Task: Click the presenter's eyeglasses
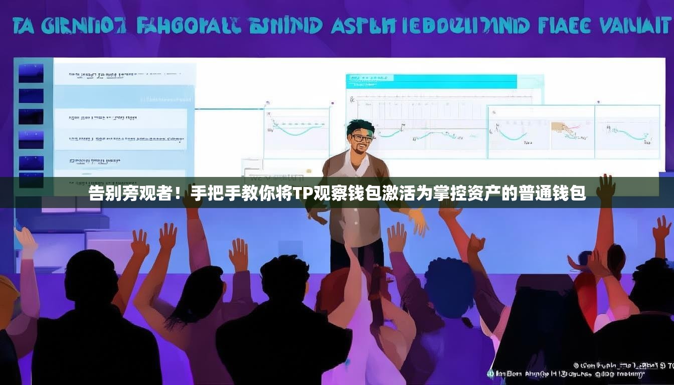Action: (362, 137)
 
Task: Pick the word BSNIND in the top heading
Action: (285, 26)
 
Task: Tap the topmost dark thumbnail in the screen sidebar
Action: (31, 73)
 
